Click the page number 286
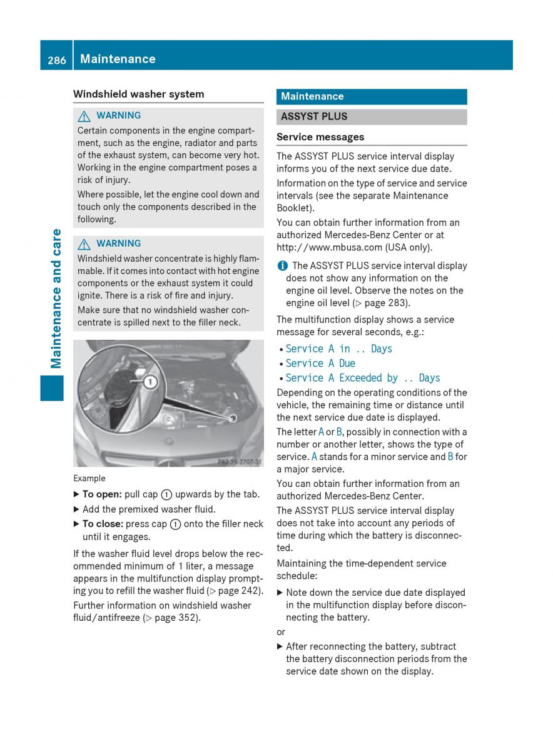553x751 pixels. pos(56,59)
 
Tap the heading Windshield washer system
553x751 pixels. pos(138,95)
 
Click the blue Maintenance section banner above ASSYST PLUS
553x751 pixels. pos(372,96)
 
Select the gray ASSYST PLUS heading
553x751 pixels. pos(372,116)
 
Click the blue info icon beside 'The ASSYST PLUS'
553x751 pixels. pos(282,265)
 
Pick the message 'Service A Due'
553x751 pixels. pos(320,364)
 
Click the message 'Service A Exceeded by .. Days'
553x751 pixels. pos(363,378)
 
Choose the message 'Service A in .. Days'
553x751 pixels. pos(338,349)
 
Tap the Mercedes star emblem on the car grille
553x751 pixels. pos(168,441)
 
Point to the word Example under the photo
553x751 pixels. pos(89,479)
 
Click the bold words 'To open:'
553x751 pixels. pos(102,494)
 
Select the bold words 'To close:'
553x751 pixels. pos(103,524)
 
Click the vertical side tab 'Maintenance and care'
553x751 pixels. pos(56,299)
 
